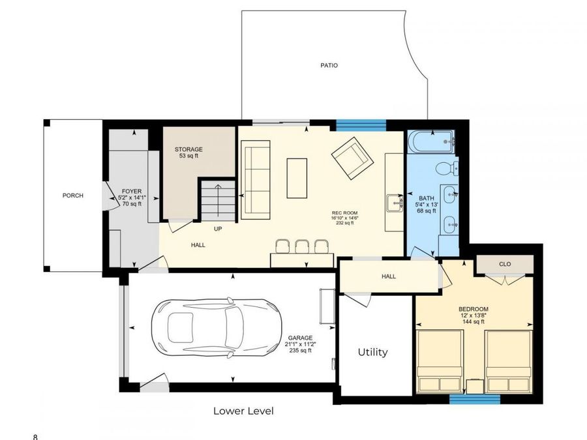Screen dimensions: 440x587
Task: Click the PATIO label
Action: tap(329, 65)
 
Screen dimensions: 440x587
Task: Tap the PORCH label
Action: tap(72, 196)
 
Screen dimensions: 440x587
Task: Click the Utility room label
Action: tap(372, 352)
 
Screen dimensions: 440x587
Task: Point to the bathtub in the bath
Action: tap(430, 140)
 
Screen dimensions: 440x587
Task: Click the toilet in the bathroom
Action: tap(446, 168)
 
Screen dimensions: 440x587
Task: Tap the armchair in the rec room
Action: tap(352, 157)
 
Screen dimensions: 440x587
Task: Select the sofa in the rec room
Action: tap(256, 170)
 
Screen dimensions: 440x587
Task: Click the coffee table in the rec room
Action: tap(297, 178)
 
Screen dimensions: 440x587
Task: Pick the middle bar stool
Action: tap(302, 246)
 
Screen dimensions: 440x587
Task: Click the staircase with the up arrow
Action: tap(218, 201)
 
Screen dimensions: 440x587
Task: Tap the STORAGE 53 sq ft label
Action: tap(188, 153)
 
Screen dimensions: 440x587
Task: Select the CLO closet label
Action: tap(504, 264)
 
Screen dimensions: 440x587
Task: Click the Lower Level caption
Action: tap(243, 411)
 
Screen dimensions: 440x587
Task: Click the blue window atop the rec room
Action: tap(361, 124)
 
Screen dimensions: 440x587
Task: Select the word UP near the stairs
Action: tap(218, 229)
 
